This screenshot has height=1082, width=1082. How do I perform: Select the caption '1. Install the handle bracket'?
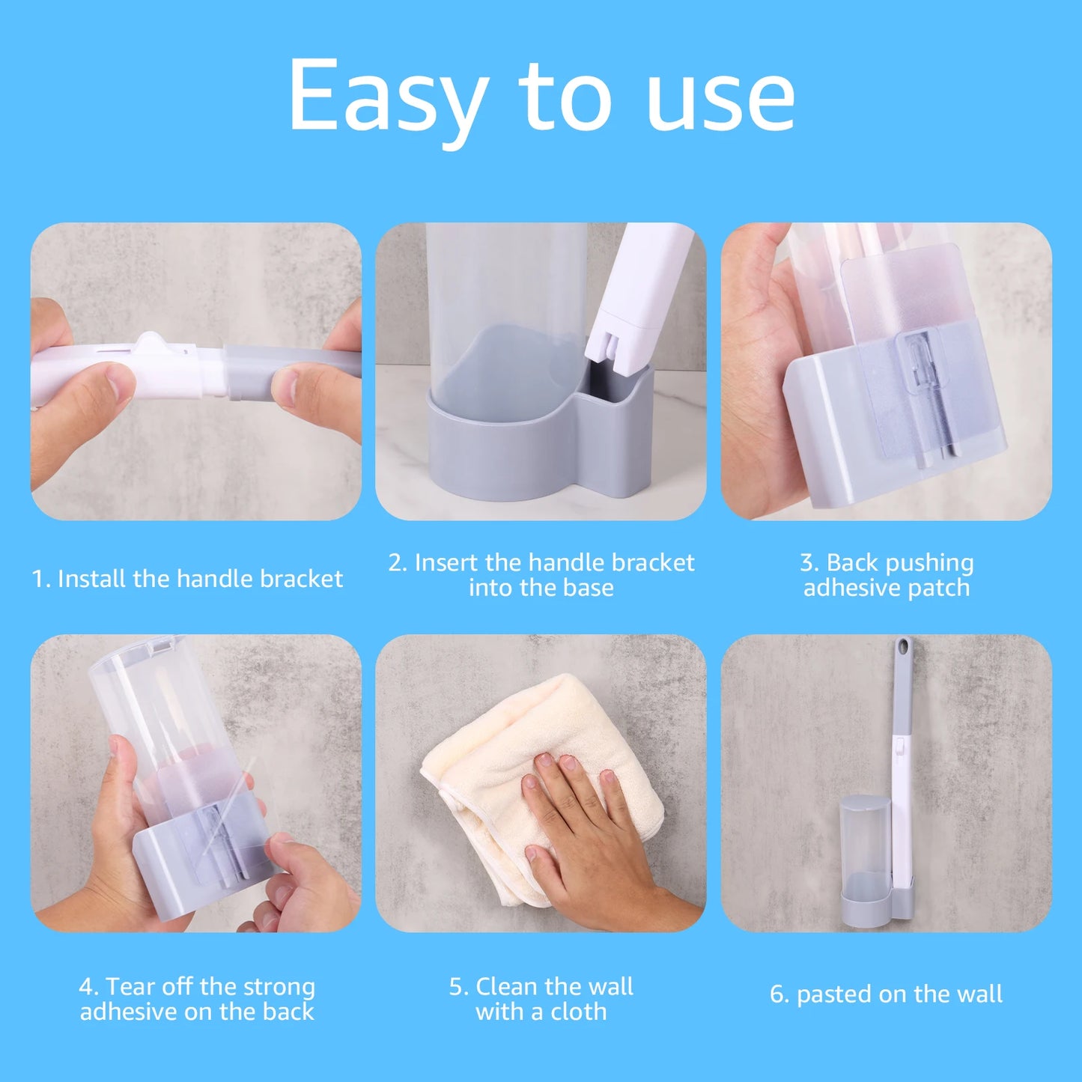point(187,579)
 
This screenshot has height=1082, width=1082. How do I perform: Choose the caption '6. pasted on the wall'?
point(886,994)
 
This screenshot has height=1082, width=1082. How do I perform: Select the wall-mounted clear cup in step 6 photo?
point(865,839)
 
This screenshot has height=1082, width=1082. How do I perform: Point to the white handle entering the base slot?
point(636,300)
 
